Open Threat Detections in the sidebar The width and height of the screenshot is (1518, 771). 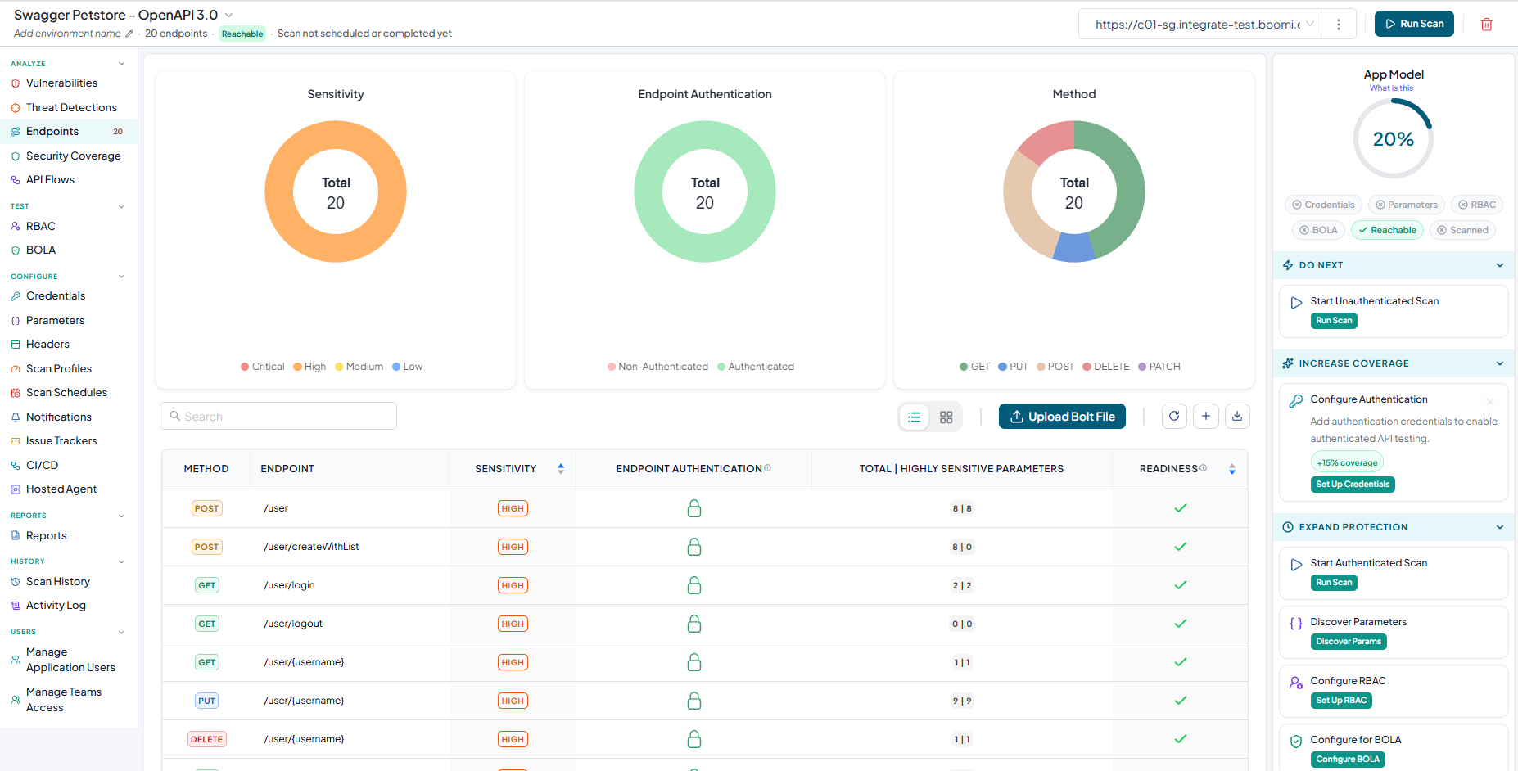[x=71, y=107]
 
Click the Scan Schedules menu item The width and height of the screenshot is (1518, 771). [x=66, y=392]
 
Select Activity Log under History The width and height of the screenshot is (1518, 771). [x=56, y=605]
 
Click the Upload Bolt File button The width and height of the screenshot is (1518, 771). [x=1062, y=417]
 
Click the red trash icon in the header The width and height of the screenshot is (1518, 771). [x=1486, y=25]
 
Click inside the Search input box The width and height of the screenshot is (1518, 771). [x=278, y=416]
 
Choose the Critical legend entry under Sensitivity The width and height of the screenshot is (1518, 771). [x=262, y=367]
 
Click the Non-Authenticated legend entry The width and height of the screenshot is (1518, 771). [x=657, y=367]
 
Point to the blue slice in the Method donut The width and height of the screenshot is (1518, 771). [x=1073, y=248]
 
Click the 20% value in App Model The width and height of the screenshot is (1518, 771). [x=1394, y=139]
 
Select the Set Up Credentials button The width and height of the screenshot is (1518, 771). [x=1353, y=485]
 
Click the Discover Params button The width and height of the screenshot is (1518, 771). [x=1349, y=642]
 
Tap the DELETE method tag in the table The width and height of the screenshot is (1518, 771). [x=206, y=739]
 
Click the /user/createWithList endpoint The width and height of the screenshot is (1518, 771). [x=311, y=547]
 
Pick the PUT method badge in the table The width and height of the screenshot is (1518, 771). [x=206, y=701]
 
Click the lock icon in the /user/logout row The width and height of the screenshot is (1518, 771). [x=694, y=624]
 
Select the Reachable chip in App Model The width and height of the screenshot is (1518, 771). [x=1387, y=230]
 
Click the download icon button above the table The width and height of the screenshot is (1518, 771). [x=1237, y=417]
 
